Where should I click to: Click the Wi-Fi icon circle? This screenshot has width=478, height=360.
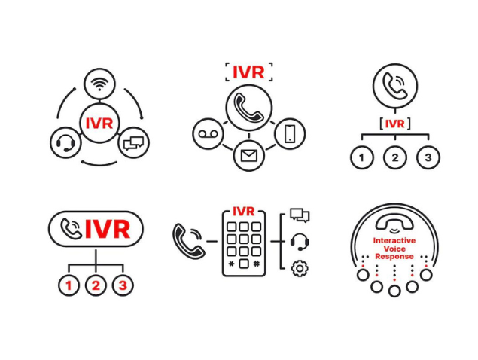tap(99, 83)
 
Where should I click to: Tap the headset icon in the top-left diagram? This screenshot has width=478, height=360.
tap(65, 142)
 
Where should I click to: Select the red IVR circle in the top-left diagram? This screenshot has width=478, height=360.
tap(99, 123)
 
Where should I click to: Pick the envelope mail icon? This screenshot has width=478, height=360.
tap(249, 156)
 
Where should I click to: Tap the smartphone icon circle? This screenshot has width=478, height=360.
tap(290, 133)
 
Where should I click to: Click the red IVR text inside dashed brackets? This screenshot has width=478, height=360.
tap(248, 72)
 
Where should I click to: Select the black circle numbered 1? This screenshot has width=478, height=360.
tap(362, 157)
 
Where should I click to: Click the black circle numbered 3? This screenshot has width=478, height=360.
tap(428, 157)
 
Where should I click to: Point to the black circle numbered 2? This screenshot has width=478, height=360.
tap(395, 157)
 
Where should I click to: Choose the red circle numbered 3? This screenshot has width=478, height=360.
tap(123, 285)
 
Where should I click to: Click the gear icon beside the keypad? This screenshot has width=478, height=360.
tap(300, 267)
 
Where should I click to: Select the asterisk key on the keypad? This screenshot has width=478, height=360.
tap(233, 264)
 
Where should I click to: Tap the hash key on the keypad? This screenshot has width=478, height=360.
tap(257, 264)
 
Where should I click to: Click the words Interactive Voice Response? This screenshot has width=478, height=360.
tap(394, 248)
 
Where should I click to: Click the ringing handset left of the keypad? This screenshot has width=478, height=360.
tap(187, 240)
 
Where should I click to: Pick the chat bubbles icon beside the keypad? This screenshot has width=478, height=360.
tap(300, 216)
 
